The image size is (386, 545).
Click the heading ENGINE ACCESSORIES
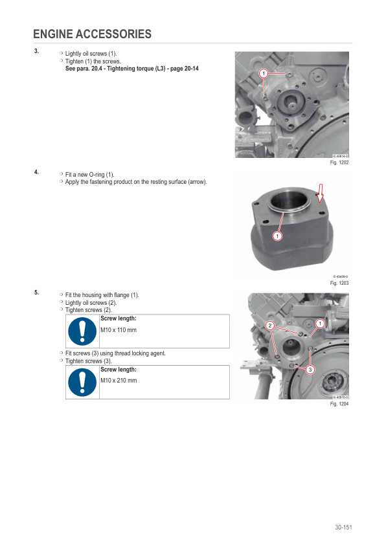(92, 34)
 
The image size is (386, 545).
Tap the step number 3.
(36, 51)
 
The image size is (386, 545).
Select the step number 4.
(36, 172)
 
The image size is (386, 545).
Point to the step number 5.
(36, 293)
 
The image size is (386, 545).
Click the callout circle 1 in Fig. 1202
(264, 73)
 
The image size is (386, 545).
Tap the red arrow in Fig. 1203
(321, 194)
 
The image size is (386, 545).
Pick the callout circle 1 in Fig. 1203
(277, 236)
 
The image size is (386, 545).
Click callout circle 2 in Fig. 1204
(270, 326)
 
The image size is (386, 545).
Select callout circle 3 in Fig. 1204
(310, 370)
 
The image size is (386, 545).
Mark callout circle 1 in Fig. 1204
(320, 324)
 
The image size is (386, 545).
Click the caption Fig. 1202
(339, 162)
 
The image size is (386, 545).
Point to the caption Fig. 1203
(339, 283)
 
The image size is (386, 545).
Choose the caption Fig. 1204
(339, 404)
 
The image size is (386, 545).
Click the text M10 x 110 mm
(119, 330)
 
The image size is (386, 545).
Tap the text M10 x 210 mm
(119, 381)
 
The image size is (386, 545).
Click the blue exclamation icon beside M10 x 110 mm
(82, 331)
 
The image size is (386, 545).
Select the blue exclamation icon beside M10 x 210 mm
(82, 383)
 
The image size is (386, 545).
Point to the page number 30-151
(343, 528)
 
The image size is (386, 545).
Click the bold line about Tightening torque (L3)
(132, 69)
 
